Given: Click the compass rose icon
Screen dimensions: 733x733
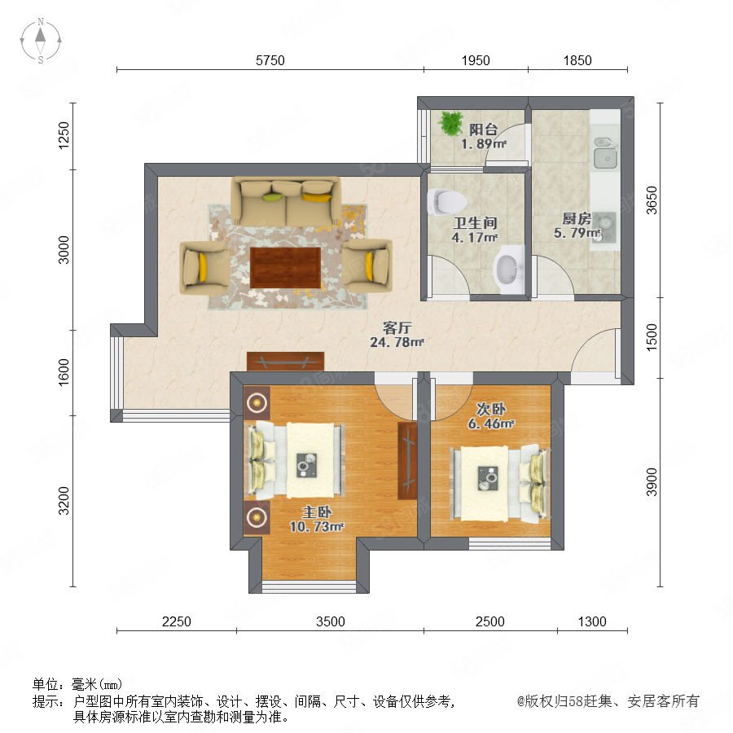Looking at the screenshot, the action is [x=41, y=41].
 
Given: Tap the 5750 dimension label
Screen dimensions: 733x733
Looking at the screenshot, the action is [x=270, y=61].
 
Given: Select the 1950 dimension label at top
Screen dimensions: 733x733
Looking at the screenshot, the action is [x=476, y=61].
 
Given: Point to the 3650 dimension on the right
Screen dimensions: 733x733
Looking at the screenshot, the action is [x=652, y=200].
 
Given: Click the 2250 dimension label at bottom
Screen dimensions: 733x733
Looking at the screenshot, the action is [x=176, y=621].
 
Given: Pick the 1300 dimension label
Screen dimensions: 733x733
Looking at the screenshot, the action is [x=592, y=621].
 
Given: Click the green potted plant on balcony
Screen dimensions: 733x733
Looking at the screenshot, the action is [x=450, y=123].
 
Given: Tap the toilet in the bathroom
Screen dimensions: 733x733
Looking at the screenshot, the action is [x=447, y=201].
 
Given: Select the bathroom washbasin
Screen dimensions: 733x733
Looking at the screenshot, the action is [x=509, y=270].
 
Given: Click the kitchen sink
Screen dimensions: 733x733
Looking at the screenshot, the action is [x=605, y=153].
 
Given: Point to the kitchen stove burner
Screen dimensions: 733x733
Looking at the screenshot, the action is [x=604, y=228].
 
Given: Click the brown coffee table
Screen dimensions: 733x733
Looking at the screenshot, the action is [x=285, y=268].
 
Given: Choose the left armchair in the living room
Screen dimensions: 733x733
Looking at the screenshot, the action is [x=204, y=267].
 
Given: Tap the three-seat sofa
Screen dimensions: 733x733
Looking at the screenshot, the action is [x=286, y=201].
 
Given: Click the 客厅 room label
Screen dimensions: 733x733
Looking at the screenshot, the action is [x=397, y=327].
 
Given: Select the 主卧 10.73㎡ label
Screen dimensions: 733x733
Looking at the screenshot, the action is [x=317, y=520].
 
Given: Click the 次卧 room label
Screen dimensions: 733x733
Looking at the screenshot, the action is [x=491, y=409].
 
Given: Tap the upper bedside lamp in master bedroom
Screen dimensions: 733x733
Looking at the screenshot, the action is [x=257, y=402].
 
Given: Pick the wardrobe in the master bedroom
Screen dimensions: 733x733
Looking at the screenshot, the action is [x=407, y=461].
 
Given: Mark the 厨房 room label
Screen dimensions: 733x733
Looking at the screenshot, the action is [x=577, y=218].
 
